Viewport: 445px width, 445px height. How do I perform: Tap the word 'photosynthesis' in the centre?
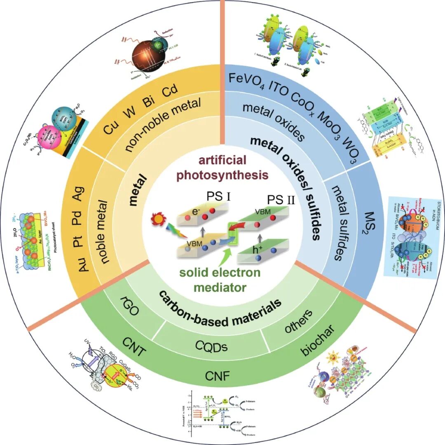click(x=222, y=175)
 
